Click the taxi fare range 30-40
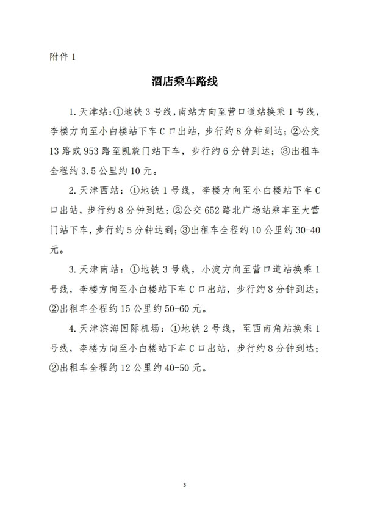click(307, 230)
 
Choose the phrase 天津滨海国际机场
click(118, 329)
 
